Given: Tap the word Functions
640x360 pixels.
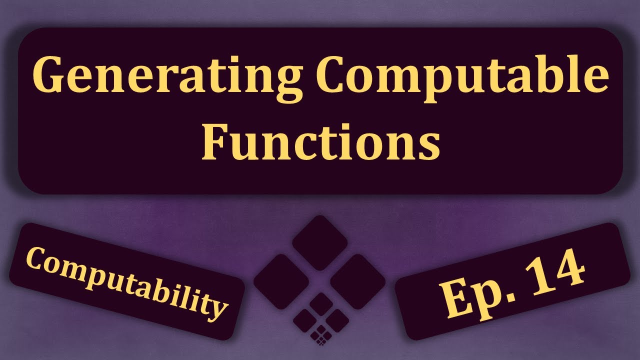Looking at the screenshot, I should [320, 142].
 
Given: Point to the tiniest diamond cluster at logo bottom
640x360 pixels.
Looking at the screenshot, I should [320, 335].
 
